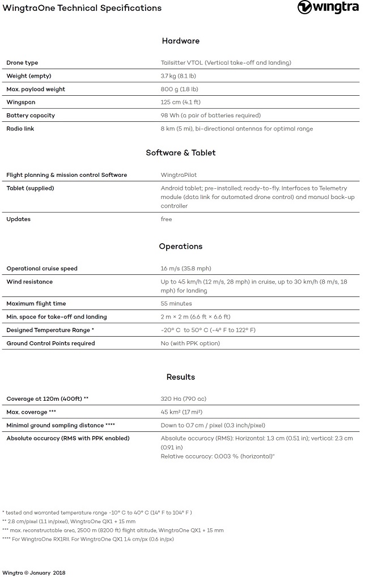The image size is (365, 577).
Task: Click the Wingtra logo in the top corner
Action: click(328, 8)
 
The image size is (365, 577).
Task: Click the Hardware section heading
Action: click(181, 41)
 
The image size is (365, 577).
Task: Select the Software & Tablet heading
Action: click(181, 153)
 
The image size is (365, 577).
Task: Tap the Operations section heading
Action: click(181, 247)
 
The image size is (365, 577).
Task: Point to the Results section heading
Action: click(181, 377)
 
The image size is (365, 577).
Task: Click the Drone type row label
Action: click(22, 63)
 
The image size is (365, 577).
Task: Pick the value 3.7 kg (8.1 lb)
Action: click(179, 76)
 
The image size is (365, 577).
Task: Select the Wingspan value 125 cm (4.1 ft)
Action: click(180, 103)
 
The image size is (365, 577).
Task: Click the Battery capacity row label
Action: click(31, 116)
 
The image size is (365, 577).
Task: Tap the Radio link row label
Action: click(20, 129)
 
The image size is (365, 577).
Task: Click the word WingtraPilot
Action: click(179, 175)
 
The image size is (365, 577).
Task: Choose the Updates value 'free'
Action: click(167, 219)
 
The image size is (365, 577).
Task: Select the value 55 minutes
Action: click(176, 304)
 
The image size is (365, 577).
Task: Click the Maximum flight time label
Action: click(36, 304)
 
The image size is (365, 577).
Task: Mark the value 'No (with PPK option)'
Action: click(190, 343)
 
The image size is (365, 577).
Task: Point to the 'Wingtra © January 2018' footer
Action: click(34, 573)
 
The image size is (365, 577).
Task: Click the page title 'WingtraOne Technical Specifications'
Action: click(82, 8)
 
